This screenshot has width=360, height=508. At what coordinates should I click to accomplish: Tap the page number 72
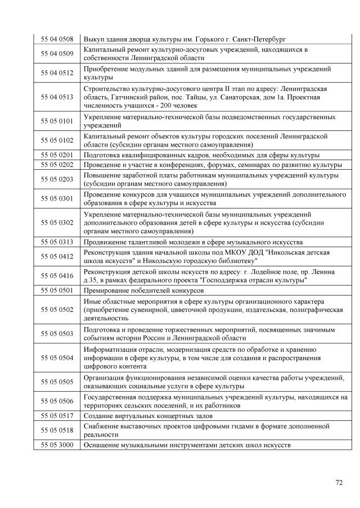[339, 482]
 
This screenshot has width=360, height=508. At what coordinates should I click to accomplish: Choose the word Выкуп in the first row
[93, 39]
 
